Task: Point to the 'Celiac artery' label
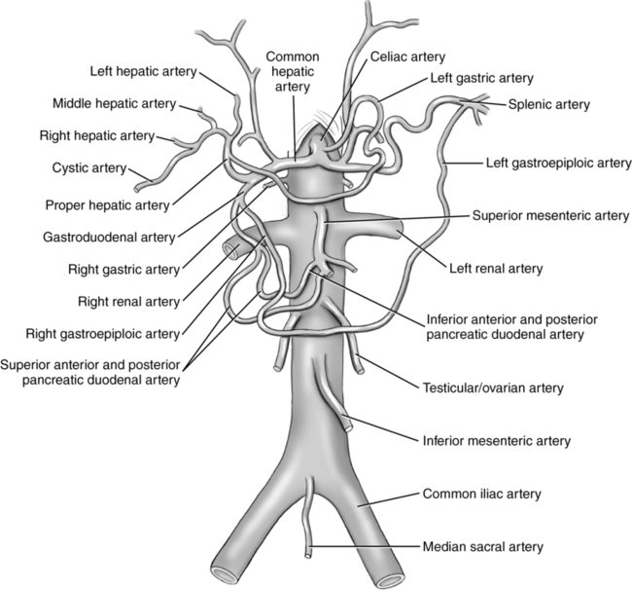pos(407,57)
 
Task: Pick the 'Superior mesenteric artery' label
pos(549,215)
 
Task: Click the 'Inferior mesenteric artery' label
pos(497,440)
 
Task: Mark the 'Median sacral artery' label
pos(483,547)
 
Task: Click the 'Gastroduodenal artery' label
pos(123,237)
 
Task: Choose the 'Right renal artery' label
pos(131,301)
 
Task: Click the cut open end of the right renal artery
pos(228,250)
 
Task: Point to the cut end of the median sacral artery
pos(306,552)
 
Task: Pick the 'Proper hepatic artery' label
pos(107,204)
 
